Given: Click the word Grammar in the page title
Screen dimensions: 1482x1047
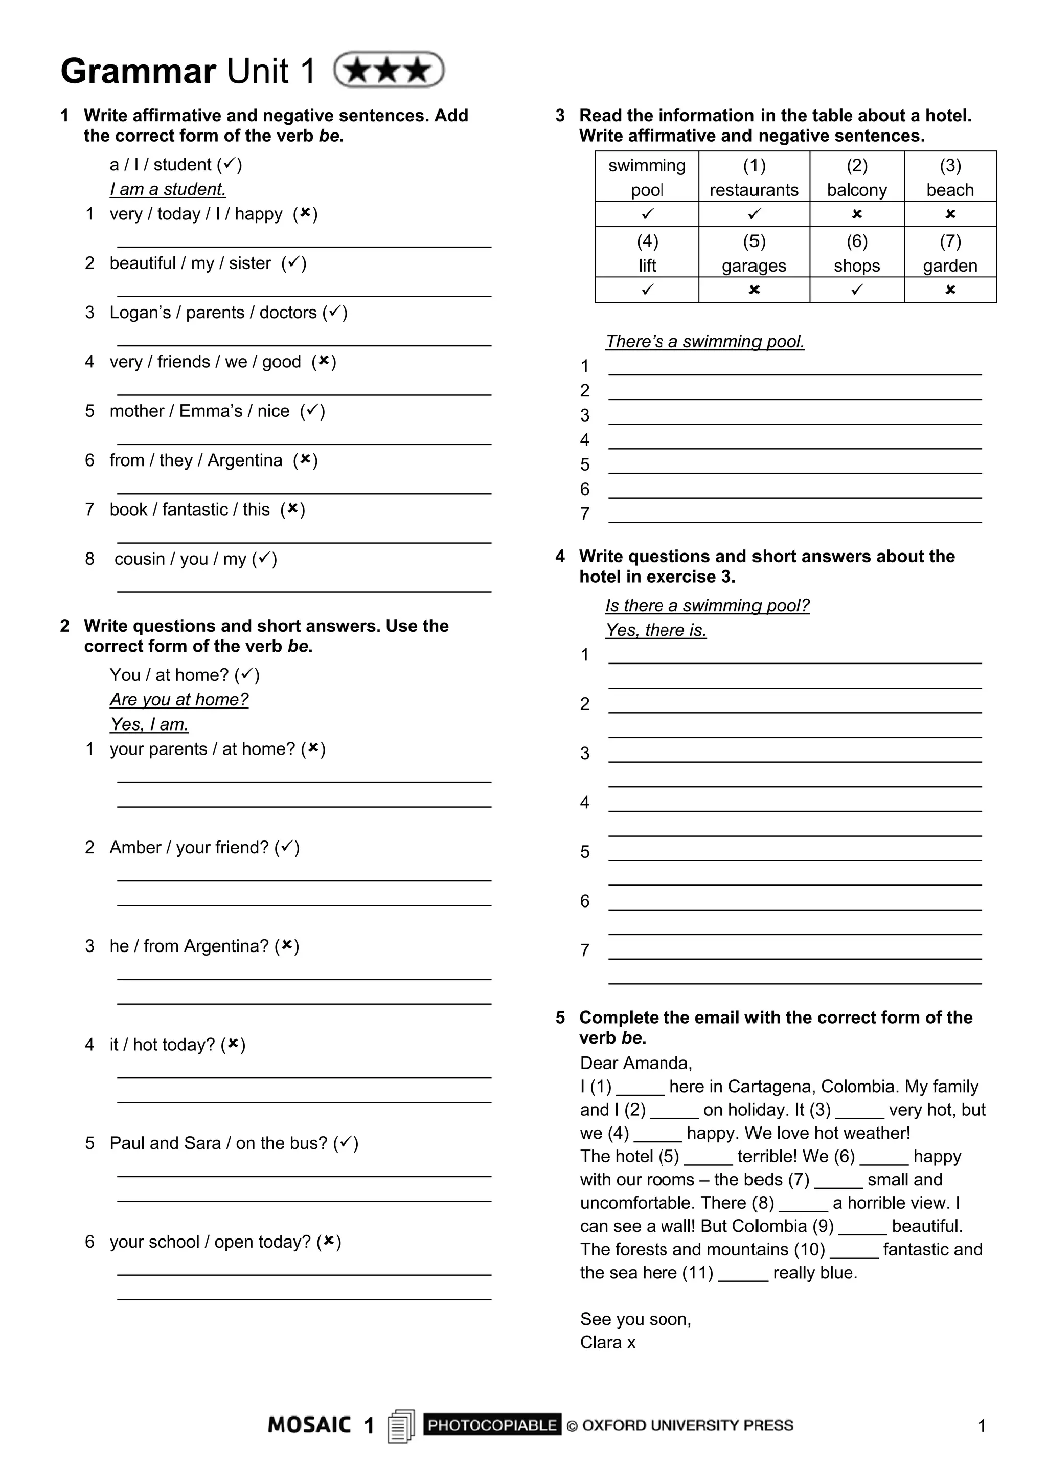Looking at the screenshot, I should (x=138, y=71).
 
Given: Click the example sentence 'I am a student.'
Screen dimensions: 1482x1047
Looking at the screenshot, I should (x=168, y=189).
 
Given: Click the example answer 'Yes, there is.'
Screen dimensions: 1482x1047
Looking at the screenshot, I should (x=655, y=630).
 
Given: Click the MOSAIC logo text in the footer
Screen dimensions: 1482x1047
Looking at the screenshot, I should (x=310, y=1425).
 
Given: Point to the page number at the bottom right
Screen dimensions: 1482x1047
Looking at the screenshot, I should (x=981, y=1426).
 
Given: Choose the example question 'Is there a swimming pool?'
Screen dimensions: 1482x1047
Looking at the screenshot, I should (x=707, y=606).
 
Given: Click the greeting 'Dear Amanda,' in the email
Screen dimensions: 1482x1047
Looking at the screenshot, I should (x=635, y=1063).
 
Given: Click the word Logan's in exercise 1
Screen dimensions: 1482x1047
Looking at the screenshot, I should (x=140, y=313).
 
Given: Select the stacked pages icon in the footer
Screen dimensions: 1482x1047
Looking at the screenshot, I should (x=401, y=1426).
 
